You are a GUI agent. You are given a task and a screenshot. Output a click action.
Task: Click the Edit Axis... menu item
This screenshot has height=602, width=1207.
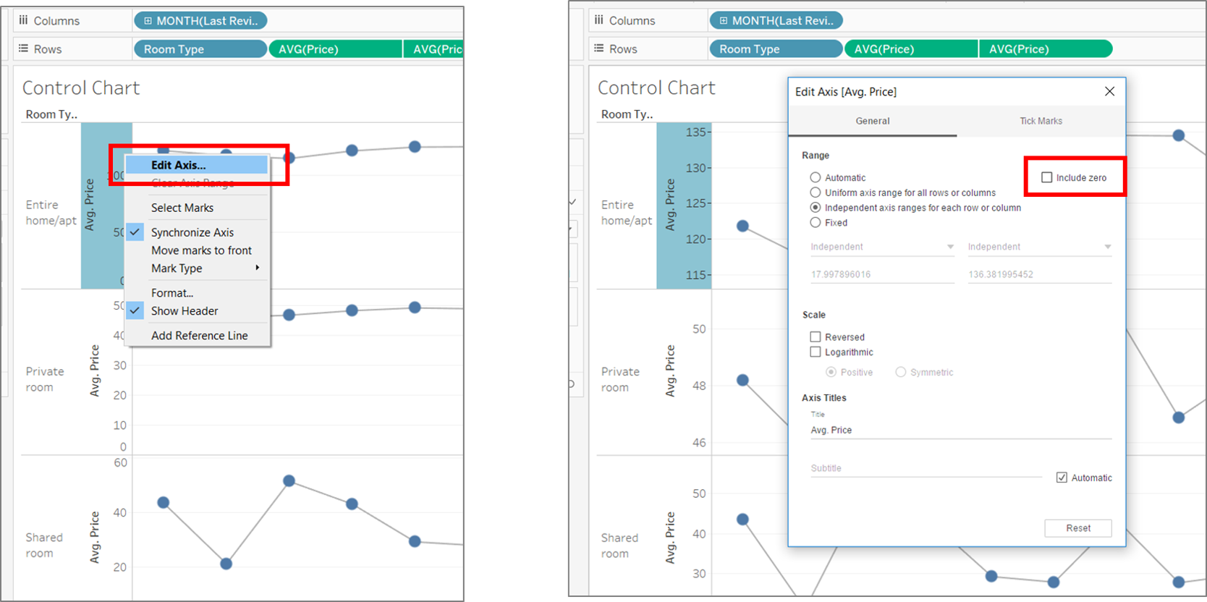point(178,165)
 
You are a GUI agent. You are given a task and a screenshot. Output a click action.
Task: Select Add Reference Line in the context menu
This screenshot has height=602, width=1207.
point(199,336)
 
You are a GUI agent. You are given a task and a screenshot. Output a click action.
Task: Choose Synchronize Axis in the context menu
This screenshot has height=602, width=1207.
point(192,232)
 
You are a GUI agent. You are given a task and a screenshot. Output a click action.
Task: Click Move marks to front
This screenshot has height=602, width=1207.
point(201,250)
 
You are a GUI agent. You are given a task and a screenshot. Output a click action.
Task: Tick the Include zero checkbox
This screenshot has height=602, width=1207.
point(1046,177)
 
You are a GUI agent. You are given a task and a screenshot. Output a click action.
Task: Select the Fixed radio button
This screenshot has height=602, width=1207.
point(816,223)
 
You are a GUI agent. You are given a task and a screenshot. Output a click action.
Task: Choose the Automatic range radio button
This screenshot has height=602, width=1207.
point(816,177)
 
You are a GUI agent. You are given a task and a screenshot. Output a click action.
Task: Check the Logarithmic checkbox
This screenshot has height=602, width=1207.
point(816,352)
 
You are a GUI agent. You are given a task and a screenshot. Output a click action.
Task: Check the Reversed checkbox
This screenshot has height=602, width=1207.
point(816,337)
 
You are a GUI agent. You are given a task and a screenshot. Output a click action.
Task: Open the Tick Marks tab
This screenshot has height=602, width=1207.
point(1041,121)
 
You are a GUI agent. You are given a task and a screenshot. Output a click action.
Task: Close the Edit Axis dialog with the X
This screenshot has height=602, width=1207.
point(1109,91)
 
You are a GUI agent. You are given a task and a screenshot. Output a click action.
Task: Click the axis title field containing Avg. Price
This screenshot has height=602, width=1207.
point(960,430)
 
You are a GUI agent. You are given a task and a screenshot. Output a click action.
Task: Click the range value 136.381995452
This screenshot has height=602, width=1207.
point(1001,275)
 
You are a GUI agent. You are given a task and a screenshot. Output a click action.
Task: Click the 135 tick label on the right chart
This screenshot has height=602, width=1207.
point(696,132)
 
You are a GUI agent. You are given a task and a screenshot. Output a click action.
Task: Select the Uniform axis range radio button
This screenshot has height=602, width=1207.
point(816,192)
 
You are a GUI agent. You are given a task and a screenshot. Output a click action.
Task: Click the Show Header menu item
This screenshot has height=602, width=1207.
point(185,311)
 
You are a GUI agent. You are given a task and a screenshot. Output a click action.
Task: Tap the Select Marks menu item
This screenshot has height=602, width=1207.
point(182,208)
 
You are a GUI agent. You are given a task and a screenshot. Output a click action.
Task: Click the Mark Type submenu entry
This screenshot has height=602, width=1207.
point(177,268)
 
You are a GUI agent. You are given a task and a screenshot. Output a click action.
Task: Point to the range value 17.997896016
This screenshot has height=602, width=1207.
point(841,275)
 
